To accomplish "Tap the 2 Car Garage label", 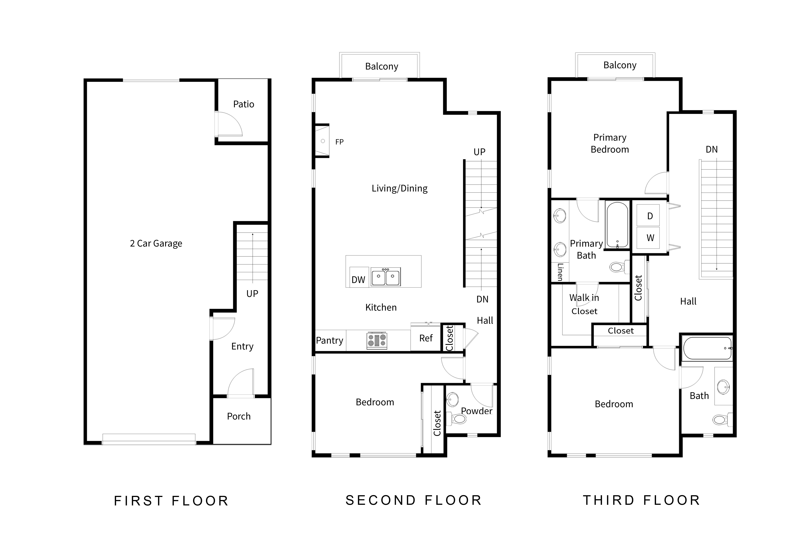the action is point(156,243).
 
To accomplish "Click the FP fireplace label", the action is point(339,142).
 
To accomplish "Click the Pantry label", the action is point(330,340).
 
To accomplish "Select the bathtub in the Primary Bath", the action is point(617,225).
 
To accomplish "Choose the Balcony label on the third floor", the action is point(620,65).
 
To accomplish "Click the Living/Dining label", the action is point(400,188).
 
